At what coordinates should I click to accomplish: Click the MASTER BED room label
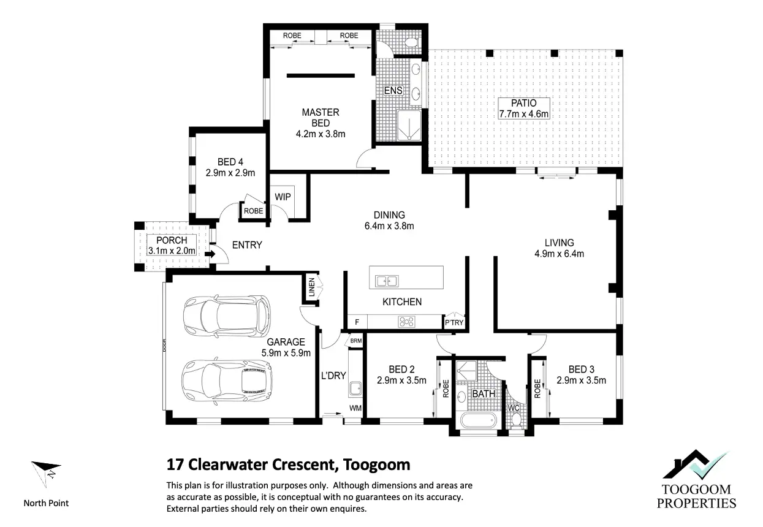[321, 118]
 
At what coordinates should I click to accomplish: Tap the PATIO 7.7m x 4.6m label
[523, 108]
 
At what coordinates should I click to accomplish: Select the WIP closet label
[283, 197]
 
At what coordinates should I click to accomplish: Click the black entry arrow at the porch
[210, 254]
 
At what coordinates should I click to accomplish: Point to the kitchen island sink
[387, 281]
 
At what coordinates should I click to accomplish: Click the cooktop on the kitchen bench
[406, 322]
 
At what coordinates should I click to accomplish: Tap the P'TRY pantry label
[454, 322]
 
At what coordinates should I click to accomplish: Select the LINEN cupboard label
[312, 287]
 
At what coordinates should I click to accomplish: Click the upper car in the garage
[227, 315]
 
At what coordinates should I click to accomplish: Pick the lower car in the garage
[227, 381]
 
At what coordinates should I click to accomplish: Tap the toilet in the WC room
[516, 419]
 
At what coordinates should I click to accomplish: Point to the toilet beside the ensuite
[411, 43]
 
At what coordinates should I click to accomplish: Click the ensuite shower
[409, 125]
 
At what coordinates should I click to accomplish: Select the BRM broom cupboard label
[356, 341]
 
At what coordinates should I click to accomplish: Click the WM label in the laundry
[355, 408]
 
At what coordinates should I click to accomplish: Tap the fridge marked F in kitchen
[357, 322]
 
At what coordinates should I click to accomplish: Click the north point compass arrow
[46, 473]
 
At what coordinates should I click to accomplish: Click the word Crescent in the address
[304, 464]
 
